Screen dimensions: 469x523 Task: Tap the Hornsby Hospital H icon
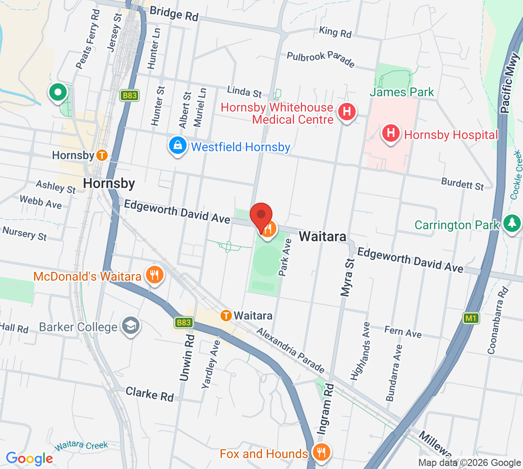[391, 133]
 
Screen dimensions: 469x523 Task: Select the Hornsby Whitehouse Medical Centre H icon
[347, 112]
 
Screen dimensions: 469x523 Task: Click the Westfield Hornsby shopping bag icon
[178, 146]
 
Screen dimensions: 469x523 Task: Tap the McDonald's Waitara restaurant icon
[154, 275]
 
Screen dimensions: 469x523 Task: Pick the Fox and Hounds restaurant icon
[321, 452]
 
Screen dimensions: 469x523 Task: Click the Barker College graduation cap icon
[130, 326]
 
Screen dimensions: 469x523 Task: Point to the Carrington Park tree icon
[512, 224]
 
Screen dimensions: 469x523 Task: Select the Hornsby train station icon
[102, 155]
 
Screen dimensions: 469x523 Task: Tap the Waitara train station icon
[226, 315]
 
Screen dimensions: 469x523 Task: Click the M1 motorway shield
[471, 318]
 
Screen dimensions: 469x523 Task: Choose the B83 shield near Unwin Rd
[183, 323]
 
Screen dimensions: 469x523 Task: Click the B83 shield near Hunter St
[129, 95]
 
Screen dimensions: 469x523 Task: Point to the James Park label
[402, 92]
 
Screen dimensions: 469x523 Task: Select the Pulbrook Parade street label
[320, 59]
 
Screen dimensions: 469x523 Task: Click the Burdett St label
[462, 184]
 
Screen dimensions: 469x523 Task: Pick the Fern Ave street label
[403, 332]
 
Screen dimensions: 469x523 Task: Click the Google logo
[30, 458]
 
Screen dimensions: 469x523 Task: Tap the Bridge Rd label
[174, 14]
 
